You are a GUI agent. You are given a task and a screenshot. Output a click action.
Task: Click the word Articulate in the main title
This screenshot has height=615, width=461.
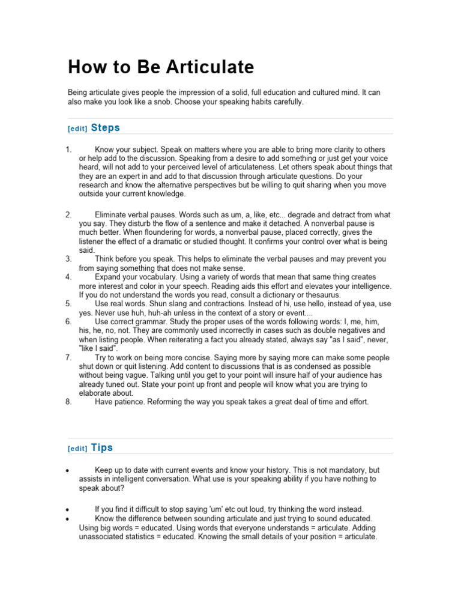(x=211, y=67)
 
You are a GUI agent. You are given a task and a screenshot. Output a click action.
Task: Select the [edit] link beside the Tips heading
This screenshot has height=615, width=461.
(x=77, y=449)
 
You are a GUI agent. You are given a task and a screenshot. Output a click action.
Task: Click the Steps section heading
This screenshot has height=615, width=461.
(x=105, y=127)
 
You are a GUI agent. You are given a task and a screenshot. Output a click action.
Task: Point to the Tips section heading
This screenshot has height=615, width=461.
(x=101, y=447)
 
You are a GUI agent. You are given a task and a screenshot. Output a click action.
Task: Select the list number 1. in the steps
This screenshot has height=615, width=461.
(x=69, y=149)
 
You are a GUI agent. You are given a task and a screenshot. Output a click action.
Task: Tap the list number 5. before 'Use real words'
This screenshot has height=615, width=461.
(x=69, y=304)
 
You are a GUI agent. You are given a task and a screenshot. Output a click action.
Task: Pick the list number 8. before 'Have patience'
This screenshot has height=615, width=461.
(x=69, y=402)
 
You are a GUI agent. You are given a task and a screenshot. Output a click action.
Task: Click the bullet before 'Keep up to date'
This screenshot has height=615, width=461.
(x=70, y=470)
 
